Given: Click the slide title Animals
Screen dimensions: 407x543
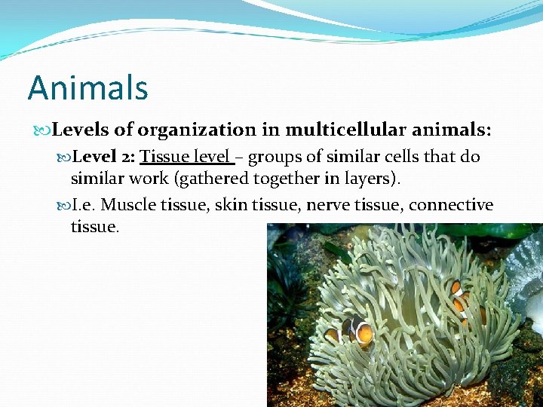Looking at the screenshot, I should click(87, 88).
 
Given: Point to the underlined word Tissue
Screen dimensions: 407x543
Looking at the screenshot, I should click(165, 158).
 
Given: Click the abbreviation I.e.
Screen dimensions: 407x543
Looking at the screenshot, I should click(83, 205).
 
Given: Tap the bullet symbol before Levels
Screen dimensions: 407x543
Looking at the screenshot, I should click(43, 131).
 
